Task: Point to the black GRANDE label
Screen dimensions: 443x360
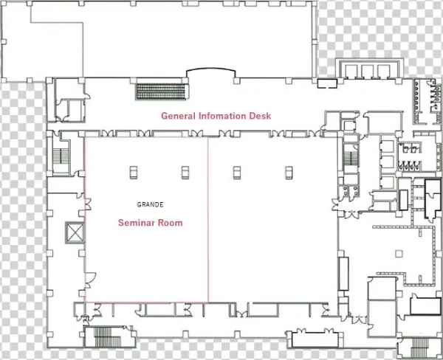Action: click(150, 204)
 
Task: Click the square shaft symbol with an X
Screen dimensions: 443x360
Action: click(75, 232)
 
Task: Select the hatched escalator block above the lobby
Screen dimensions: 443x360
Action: click(161, 91)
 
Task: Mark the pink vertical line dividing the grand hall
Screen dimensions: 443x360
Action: click(208, 220)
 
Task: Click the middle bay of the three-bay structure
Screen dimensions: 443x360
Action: click(368, 71)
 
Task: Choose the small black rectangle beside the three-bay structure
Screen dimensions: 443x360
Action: click(327, 83)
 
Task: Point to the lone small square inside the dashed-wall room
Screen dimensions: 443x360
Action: click(399, 254)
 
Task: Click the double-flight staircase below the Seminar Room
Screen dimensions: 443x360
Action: click(107, 337)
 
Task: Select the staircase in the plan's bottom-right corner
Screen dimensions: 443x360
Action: click(418, 347)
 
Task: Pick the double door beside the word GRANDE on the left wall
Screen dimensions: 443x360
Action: click(88, 204)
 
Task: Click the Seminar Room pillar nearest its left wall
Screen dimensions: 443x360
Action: click(134, 173)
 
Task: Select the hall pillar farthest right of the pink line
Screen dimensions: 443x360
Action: click(289, 173)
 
